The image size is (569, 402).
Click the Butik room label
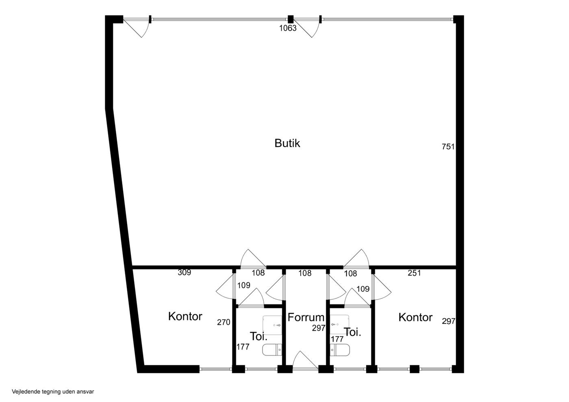click(287, 143)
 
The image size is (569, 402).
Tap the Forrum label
click(306, 317)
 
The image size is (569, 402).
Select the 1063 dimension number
click(288, 28)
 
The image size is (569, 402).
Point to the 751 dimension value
click(448, 147)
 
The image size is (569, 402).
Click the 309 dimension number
click(184, 272)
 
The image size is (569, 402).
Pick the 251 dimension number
click(414, 273)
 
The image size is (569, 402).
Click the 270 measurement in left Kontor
click(224, 322)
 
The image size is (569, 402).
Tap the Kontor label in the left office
click(185, 317)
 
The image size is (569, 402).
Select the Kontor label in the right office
click(415, 317)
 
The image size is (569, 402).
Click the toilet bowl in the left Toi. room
click(272, 350)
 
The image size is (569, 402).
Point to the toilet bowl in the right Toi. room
click(340, 350)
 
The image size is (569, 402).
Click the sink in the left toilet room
click(272, 325)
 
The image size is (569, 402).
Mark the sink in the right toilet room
click(339, 324)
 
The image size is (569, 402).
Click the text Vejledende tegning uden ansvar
click(53, 391)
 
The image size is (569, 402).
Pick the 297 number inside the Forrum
click(319, 328)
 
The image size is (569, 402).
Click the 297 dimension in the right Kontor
click(448, 321)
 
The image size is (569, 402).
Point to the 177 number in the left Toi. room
click(243, 347)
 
